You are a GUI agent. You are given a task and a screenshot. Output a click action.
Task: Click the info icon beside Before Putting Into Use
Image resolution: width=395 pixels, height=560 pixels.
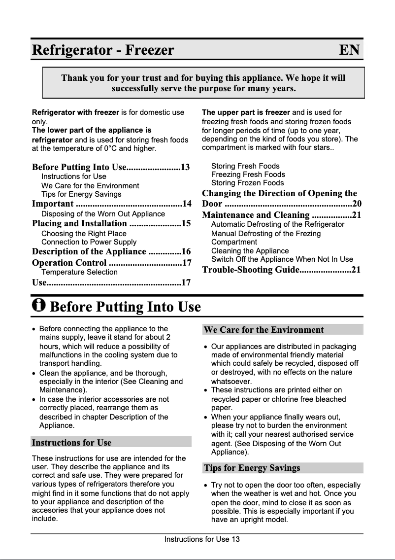pos(38,305)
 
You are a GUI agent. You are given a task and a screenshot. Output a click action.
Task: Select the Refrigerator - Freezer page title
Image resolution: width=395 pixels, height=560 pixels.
pos(103,50)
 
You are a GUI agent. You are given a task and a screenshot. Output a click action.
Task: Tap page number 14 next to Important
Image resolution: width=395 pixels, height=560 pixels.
pos(186,204)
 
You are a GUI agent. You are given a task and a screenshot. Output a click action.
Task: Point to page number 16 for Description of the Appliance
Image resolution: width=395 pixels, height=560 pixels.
pos(186,251)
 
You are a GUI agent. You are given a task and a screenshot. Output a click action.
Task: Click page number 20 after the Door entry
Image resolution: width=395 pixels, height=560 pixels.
pos(357,204)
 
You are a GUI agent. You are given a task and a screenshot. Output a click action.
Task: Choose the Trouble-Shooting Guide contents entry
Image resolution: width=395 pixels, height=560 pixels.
pos(251,270)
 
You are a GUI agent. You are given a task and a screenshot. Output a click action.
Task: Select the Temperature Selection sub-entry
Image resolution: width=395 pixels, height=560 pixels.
pos(79,272)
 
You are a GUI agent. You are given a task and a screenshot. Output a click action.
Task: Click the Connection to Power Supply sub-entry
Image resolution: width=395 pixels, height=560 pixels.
pos(89,242)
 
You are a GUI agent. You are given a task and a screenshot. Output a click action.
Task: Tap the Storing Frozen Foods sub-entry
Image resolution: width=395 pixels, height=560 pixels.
pos(247,183)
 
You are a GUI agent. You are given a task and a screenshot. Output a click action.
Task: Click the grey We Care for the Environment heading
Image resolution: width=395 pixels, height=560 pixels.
pos(263,330)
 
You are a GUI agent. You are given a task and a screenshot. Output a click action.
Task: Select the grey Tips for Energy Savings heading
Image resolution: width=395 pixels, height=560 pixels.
pos(252,468)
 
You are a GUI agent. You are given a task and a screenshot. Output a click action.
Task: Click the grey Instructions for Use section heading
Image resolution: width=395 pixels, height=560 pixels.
pos(71,442)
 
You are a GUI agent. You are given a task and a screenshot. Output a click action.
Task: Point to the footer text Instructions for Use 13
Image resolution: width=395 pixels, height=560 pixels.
pos(202,539)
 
